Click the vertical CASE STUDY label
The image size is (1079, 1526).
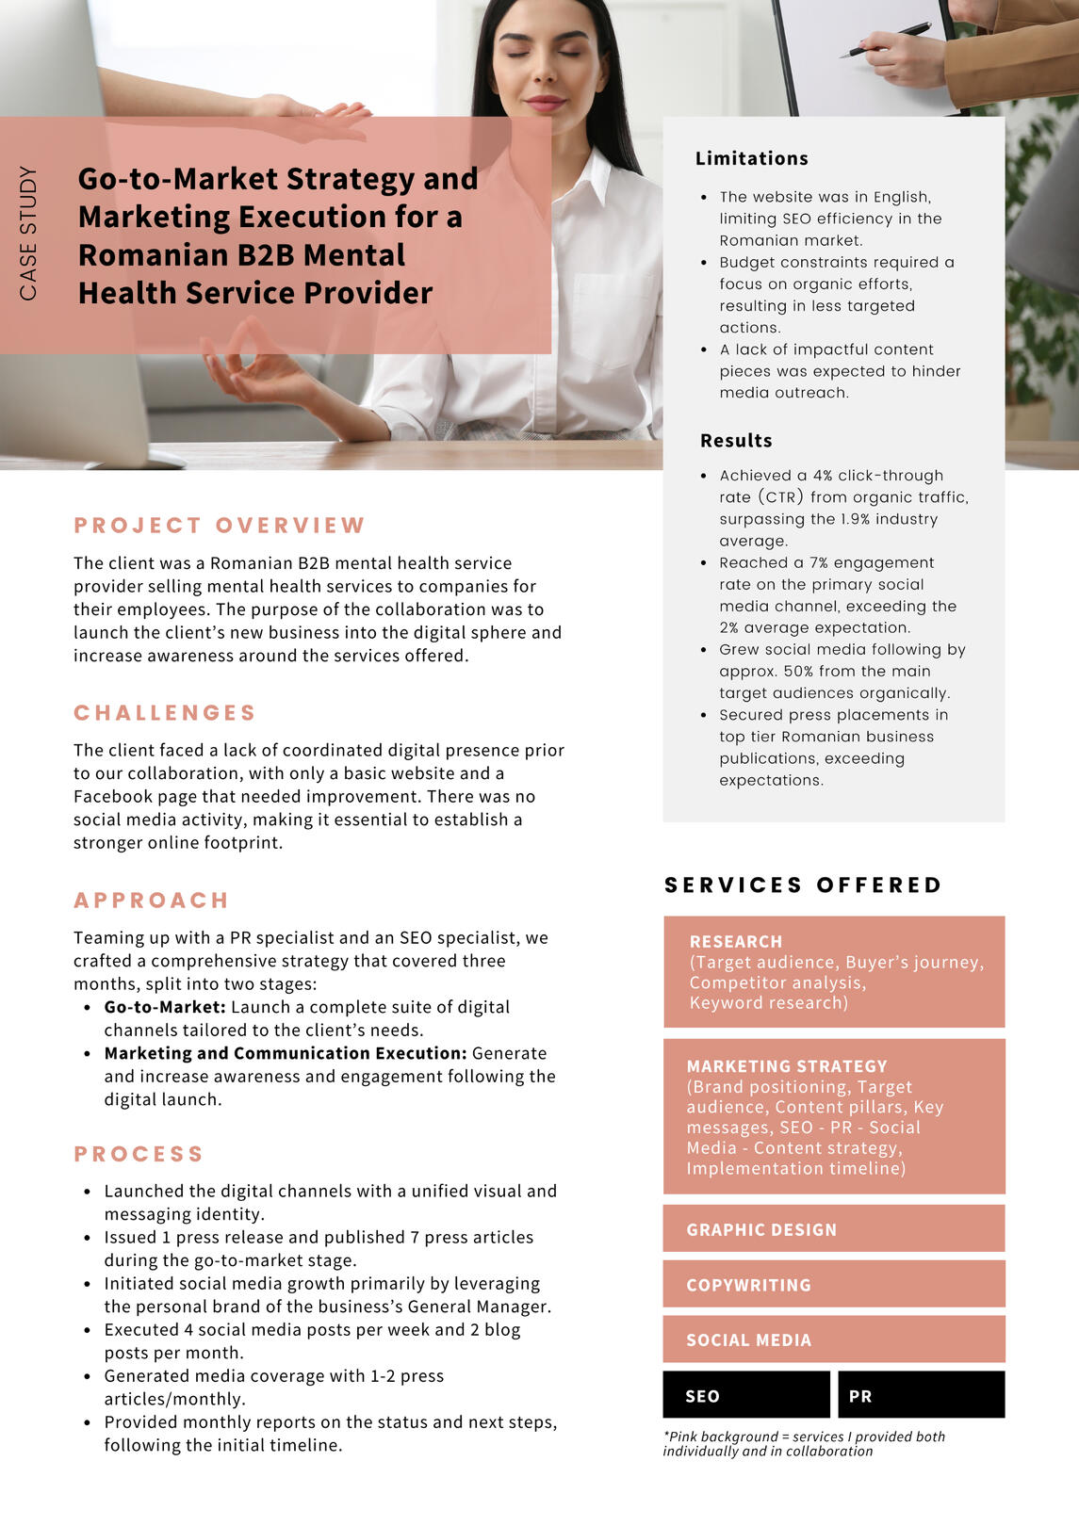[x=28, y=233]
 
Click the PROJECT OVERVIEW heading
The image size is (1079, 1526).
[x=220, y=526]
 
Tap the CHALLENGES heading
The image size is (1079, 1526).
[x=165, y=713]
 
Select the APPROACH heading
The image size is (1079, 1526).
[x=152, y=901]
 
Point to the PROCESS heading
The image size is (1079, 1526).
[x=139, y=1154]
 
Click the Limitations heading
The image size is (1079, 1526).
[x=751, y=158]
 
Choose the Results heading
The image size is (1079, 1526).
[x=736, y=441]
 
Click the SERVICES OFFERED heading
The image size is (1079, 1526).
[x=803, y=885]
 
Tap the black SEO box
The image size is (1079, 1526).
[x=746, y=1395]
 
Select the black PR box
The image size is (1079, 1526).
[x=921, y=1395]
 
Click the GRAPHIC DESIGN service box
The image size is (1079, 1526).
[x=834, y=1229]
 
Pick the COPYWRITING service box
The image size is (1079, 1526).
[x=834, y=1285]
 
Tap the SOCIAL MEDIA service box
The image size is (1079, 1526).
[x=834, y=1339]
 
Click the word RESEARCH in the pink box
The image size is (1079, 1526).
[x=736, y=942]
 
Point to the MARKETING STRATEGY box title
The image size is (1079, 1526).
[x=787, y=1066]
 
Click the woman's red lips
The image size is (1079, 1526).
[x=545, y=102]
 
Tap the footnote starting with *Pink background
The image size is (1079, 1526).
[x=803, y=1444]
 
